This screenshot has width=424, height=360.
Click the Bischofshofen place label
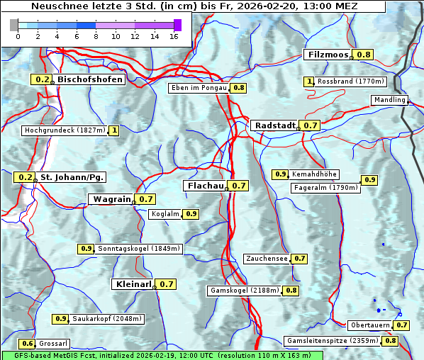90,79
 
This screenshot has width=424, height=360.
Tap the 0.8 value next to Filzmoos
364,55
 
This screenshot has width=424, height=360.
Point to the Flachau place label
205,186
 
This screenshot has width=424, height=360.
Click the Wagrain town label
111,199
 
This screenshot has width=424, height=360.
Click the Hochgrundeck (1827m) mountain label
65,130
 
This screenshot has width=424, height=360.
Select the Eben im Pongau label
199,88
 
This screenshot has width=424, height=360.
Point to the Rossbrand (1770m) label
351,81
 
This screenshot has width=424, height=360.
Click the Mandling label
389,100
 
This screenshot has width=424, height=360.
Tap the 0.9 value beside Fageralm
369,180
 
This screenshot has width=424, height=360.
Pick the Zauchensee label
267,259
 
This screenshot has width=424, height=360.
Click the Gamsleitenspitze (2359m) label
332,341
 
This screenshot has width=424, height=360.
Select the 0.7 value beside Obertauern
402,325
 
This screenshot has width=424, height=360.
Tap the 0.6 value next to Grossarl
28,344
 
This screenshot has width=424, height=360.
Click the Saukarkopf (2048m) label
107,319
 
